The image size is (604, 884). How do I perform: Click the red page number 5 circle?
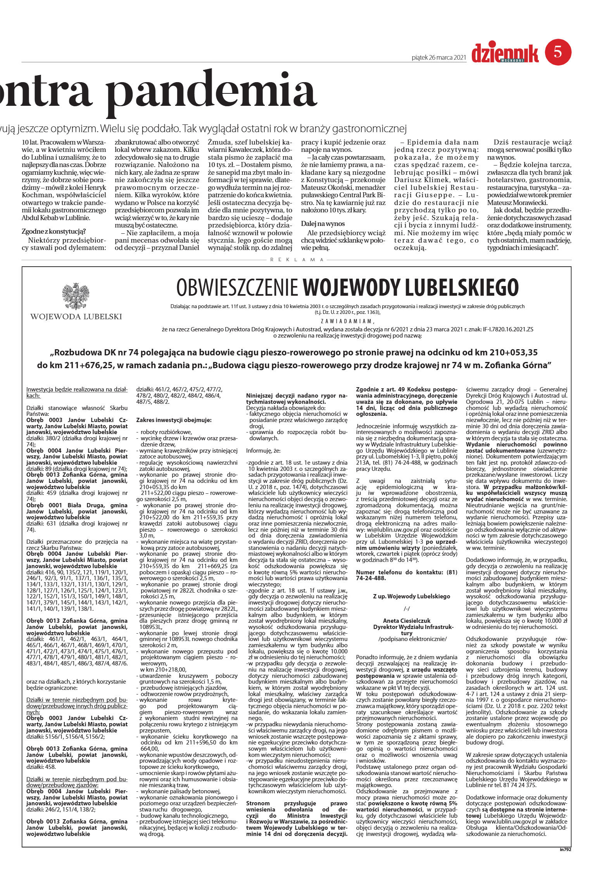click(x=558, y=52)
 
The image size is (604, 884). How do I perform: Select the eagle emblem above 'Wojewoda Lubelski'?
click(x=76, y=296)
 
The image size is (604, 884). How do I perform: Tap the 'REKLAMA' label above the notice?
click(x=297, y=260)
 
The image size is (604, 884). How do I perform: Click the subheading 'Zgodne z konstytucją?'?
click(x=53, y=232)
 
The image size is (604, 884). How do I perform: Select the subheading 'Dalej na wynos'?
click(x=323, y=224)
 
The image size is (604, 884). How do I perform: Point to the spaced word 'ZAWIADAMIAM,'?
click(x=347, y=321)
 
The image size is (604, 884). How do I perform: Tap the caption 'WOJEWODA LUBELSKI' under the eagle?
click(x=76, y=317)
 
